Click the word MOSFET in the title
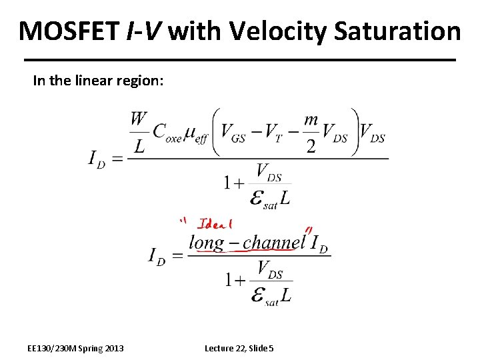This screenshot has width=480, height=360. pyautogui.click(x=69, y=31)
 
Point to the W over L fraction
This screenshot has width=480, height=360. pyautogui.click(x=138, y=132)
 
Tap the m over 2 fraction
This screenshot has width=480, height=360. pyautogui.click(x=311, y=132)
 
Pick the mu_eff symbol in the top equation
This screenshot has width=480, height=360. pyautogui.click(x=197, y=133)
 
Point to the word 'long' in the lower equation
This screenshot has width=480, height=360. pyautogui.click(x=207, y=243)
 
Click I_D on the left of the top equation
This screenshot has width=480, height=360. pyautogui.click(x=97, y=159)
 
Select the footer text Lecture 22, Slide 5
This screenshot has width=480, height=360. pyautogui.click(x=239, y=348)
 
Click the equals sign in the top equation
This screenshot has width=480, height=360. pyautogui.click(x=117, y=159)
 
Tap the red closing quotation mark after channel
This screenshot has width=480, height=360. pyautogui.click(x=309, y=231)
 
